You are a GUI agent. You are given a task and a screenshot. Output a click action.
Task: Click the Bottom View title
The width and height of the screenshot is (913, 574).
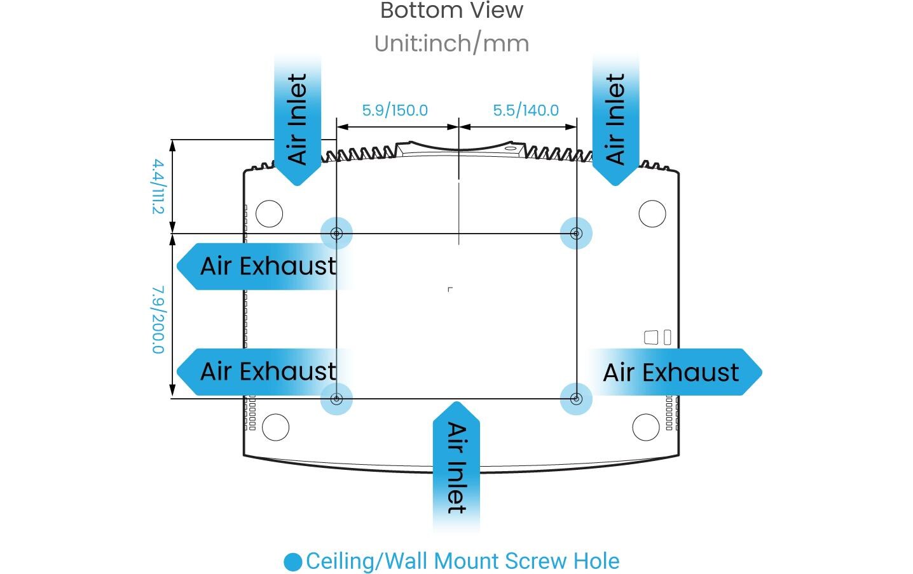tap(451, 10)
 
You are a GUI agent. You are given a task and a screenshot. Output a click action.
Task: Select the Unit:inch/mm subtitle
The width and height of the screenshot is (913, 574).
tap(451, 43)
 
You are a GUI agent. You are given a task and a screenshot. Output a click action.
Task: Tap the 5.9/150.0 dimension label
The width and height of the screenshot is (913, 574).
tap(395, 110)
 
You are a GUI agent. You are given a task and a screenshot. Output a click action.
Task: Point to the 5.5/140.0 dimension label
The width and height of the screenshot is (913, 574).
tap(526, 110)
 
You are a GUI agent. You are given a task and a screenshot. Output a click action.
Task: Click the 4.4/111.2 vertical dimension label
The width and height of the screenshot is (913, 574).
tap(158, 187)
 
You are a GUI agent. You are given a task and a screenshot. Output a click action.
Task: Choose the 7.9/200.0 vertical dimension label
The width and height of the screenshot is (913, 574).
tap(158, 319)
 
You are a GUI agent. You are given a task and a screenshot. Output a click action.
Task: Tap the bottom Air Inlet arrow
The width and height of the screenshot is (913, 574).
tap(456, 467)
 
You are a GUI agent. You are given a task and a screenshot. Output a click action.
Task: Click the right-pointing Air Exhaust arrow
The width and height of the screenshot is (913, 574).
tap(674, 372)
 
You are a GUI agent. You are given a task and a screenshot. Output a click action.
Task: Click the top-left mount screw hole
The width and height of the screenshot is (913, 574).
tap(337, 234)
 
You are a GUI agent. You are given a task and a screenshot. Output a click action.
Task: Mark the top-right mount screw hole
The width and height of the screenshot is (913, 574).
tap(576, 234)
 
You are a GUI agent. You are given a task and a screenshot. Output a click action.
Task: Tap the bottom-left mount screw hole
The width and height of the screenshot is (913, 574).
tap(337, 399)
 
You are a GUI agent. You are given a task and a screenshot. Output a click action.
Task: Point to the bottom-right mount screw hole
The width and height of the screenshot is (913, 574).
tap(576, 399)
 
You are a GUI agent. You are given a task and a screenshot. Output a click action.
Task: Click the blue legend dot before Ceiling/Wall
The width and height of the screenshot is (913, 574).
tap(293, 562)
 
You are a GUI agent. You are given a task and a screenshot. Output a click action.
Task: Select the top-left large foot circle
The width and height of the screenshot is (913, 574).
tap(269, 213)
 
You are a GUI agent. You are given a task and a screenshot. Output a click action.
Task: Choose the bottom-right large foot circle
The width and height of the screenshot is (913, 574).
tap(645, 427)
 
